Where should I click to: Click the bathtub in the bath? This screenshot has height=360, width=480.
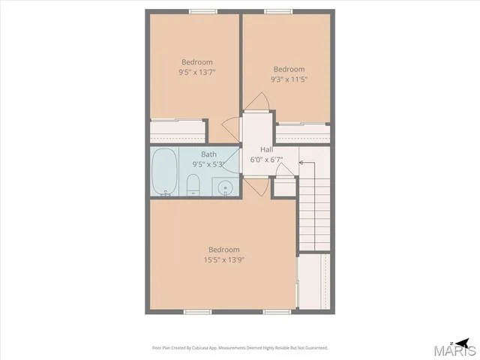pyautogui.click(x=165, y=172)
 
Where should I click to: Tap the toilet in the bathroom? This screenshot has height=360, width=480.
pyautogui.click(x=193, y=184)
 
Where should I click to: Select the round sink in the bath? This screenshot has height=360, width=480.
pyautogui.click(x=223, y=187)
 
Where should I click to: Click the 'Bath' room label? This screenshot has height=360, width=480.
pyautogui.click(x=208, y=154)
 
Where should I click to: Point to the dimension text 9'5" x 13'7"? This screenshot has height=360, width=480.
pyautogui.click(x=196, y=73)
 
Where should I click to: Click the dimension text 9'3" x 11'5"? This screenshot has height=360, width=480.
pyautogui.click(x=289, y=79)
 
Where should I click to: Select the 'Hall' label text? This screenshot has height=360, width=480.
pyautogui.click(x=266, y=149)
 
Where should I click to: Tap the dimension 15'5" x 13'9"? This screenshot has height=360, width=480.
pyautogui.click(x=223, y=260)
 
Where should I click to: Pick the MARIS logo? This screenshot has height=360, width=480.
pyautogui.click(x=457, y=348)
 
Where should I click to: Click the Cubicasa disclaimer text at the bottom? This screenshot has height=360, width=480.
pyautogui.click(x=240, y=347)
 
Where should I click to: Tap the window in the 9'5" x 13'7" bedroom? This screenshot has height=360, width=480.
pyautogui.click(x=199, y=11)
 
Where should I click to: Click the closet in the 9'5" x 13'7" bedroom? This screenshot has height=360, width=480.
pyautogui.click(x=178, y=131)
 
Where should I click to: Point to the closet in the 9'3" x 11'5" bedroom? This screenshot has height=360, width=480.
pyautogui.click(x=303, y=133)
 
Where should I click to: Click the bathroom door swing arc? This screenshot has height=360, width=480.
pyautogui.click(x=256, y=187)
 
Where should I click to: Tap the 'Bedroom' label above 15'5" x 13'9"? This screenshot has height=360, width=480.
pyautogui.click(x=223, y=250)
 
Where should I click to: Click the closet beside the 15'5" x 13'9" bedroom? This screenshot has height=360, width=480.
pyautogui.click(x=313, y=281)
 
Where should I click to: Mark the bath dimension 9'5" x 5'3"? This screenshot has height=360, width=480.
pyautogui.click(x=208, y=164)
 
